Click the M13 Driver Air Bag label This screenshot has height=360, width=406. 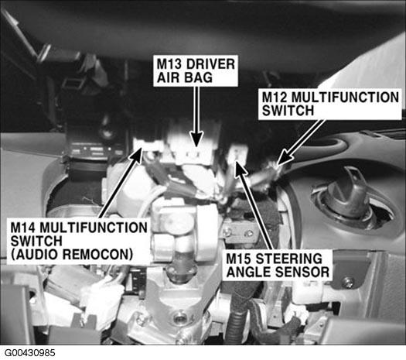point(196,70)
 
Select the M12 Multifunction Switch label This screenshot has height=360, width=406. point(330,105)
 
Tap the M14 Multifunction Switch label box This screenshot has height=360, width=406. point(78,241)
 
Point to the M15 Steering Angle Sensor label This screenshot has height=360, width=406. point(278,265)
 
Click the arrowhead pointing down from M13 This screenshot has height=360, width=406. point(197,141)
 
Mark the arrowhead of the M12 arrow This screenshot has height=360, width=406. point(283,159)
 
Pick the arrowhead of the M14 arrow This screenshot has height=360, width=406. point(136,155)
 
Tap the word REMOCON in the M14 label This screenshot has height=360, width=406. point(98,255)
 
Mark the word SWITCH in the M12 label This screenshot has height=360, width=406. point(288,111)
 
